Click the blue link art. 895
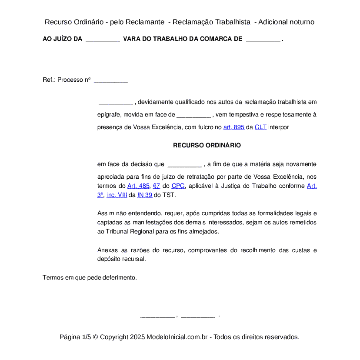point(233,127)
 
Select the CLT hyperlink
point(260,127)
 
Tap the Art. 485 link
point(138,186)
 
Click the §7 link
point(157,186)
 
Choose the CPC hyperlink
point(178,186)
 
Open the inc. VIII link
point(117,195)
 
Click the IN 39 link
point(145,195)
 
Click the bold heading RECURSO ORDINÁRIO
point(207,145)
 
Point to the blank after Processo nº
point(111,80)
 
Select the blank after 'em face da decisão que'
point(184,165)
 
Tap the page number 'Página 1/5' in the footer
point(75,337)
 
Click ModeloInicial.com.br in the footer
point(179,337)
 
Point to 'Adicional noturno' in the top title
point(286,22)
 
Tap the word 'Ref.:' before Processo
point(49,80)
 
